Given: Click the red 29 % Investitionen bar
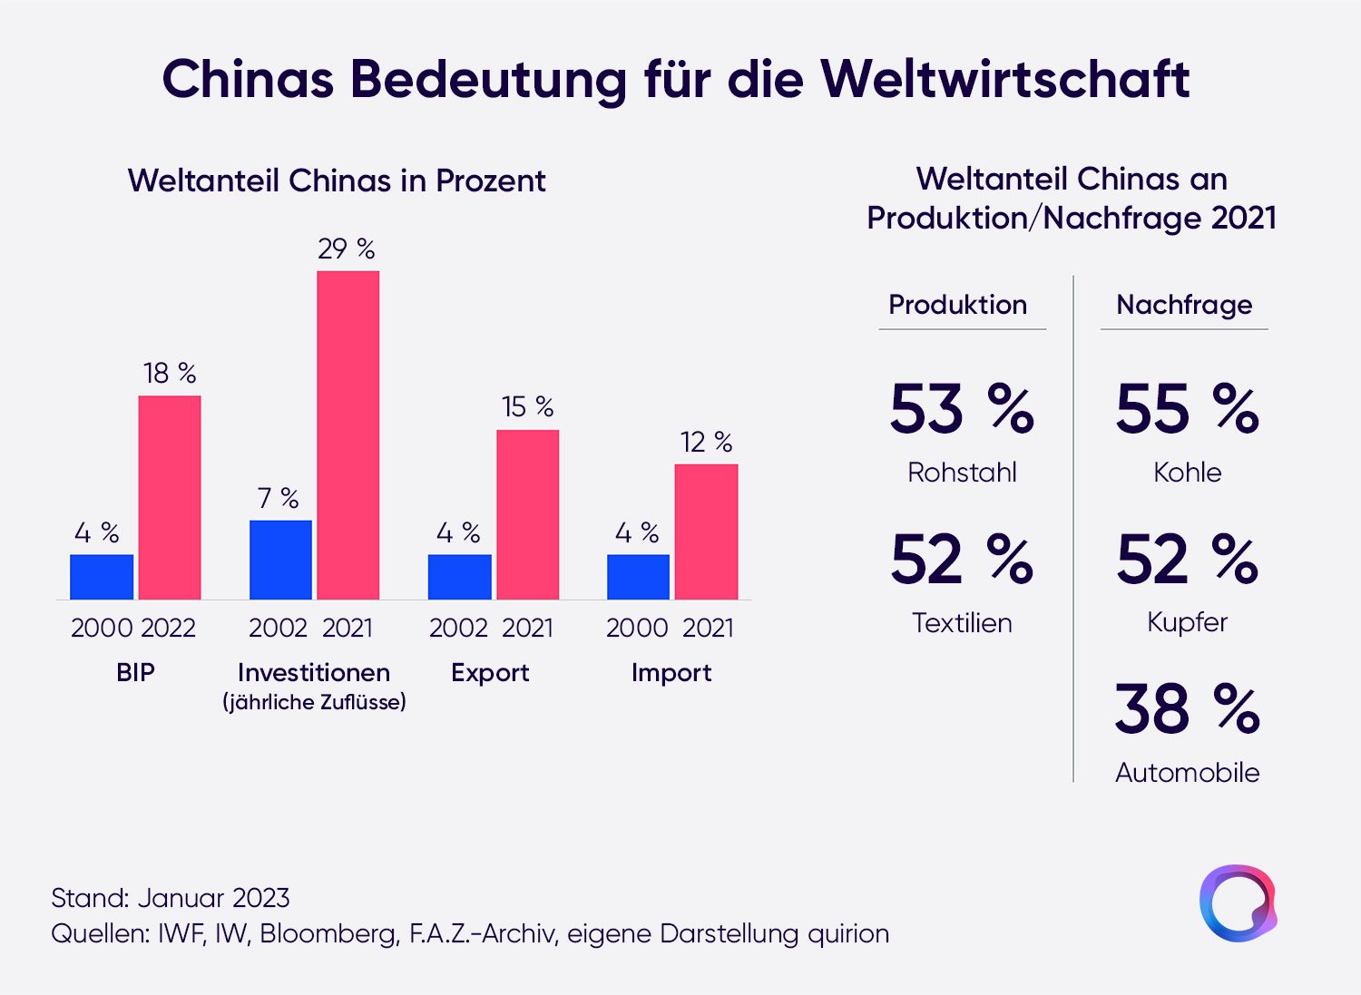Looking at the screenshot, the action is [x=348, y=435].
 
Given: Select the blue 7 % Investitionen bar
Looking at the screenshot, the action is [x=280, y=560].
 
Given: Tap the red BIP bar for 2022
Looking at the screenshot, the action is [x=170, y=497].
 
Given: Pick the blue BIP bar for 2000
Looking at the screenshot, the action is [x=102, y=577].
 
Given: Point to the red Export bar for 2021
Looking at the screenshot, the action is [x=527, y=514].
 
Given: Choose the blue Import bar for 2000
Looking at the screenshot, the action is [x=638, y=577].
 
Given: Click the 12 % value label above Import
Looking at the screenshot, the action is [x=706, y=443].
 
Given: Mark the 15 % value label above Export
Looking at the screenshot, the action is [x=527, y=407].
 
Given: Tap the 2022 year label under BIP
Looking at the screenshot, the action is [x=168, y=628].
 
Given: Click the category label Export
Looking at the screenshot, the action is [x=490, y=672].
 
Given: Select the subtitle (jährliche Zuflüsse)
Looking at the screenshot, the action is [x=314, y=702].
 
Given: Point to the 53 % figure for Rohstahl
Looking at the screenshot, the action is [x=962, y=408].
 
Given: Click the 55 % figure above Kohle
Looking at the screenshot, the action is [x=1187, y=408].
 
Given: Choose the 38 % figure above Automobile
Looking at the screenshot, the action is [x=1187, y=708].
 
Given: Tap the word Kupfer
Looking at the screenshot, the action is [x=1187, y=623].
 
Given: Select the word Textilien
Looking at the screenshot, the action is [x=962, y=623].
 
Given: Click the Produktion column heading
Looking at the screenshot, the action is [x=957, y=305].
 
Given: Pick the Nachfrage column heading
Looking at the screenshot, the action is [x=1184, y=306].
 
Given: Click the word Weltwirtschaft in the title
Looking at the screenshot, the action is [x=1005, y=80].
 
